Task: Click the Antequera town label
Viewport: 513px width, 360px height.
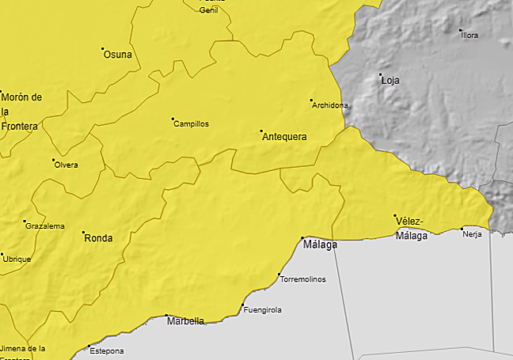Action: [283, 137]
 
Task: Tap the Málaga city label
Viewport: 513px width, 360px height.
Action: [320, 245]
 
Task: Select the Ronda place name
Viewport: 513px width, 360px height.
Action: [98, 238]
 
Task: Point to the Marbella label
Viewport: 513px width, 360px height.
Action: [185, 321]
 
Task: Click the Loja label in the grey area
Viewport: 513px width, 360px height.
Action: [390, 81]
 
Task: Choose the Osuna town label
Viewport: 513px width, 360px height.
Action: [118, 55]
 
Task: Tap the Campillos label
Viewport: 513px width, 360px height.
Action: [191, 124]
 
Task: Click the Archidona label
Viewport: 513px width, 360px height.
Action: [330, 105]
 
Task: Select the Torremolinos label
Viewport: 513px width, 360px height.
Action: [303, 279]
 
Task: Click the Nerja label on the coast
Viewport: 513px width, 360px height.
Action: [472, 235]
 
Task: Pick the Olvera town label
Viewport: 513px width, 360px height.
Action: [66, 165]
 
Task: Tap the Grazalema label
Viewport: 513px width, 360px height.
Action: [45, 226]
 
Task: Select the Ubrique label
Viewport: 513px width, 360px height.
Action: [17, 259]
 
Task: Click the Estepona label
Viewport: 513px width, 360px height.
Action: [107, 351]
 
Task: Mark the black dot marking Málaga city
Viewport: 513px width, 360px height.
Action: [302, 237]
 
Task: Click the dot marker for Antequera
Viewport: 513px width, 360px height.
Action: [261, 130]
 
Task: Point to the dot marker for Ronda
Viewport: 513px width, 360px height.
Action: [83, 233]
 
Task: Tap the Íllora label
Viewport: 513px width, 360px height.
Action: [469, 36]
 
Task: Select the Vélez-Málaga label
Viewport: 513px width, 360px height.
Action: [411, 228]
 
